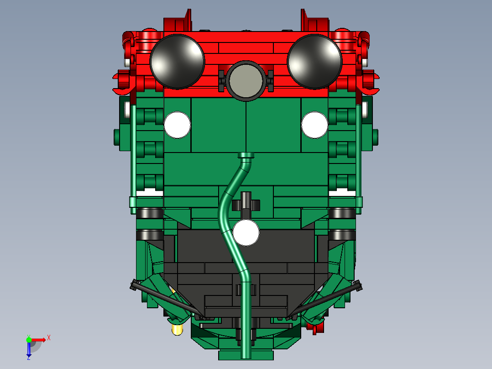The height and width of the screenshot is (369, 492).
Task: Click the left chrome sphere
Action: coord(177,61)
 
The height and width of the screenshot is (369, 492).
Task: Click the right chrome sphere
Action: coord(314,61)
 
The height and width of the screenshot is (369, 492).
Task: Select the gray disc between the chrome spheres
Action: coord(246,80)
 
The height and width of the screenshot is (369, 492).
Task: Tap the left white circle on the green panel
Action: coord(177,125)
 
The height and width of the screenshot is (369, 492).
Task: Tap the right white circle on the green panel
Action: coord(314,125)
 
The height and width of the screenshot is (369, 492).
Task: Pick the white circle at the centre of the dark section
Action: coord(246,232)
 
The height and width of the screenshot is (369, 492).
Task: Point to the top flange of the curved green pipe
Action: coord(246,155)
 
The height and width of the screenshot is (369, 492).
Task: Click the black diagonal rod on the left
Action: coord(164,299)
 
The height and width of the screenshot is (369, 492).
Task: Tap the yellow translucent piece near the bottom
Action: coord(177,328)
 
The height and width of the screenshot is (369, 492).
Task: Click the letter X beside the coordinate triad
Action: coord(48,337)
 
